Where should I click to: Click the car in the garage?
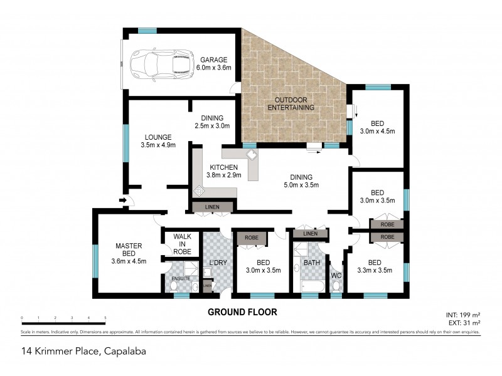pos(161,64)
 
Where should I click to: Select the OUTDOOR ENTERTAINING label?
pos(291,104)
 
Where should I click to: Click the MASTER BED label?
pos(128,249)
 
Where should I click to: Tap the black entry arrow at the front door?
pos(123,201)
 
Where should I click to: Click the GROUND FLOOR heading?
pos(242,311)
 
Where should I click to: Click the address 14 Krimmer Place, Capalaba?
pos(83,351)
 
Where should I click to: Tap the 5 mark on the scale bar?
pos(105,318)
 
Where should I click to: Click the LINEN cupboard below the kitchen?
pos(213,207)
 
